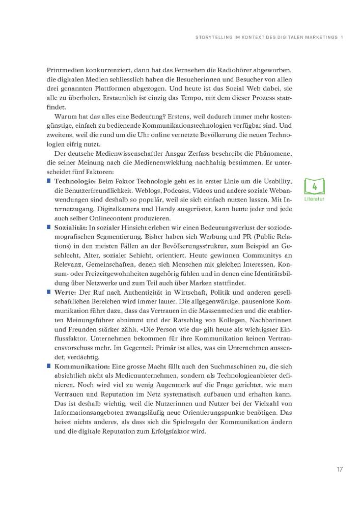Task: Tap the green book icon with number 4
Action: point(314,186)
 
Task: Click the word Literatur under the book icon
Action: point(314,199)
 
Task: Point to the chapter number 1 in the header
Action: point(343,36)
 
